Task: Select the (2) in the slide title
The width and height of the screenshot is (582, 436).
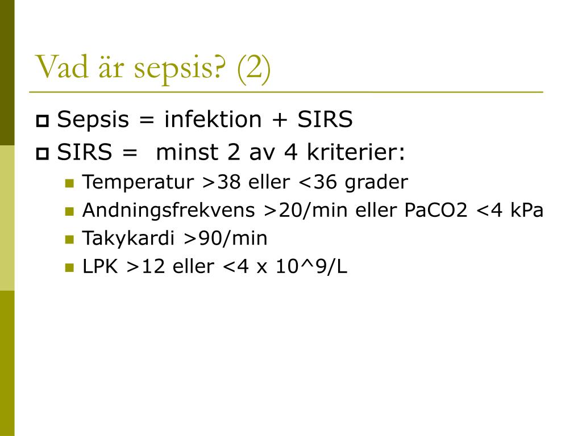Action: [253, 68]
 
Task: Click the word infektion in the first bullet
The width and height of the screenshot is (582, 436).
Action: [213, 120]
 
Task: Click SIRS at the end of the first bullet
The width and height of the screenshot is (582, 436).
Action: [325, 120]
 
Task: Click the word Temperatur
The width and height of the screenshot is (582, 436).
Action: [139, 182]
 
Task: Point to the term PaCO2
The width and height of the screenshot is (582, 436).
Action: [436, 211]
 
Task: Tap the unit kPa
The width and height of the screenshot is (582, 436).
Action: [527, 211]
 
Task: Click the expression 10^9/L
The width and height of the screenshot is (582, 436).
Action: [311, 267]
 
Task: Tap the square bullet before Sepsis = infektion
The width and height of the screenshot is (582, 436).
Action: [43, 121]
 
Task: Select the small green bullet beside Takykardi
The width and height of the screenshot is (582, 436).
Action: [69, 239]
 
